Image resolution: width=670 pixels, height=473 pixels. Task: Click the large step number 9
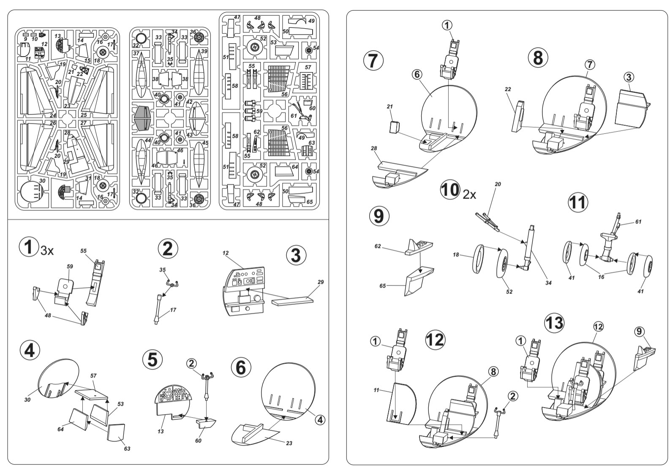[379, 216]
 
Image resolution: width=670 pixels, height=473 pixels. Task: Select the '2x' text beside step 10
[469, 195]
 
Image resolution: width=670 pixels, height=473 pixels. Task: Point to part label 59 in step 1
[70, 266]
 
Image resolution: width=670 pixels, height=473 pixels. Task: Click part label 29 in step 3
[321, 282]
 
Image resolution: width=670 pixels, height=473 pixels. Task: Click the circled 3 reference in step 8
[629, 77]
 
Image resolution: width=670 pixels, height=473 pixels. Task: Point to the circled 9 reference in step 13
[639, 331]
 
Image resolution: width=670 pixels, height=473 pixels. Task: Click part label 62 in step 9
[378, 247]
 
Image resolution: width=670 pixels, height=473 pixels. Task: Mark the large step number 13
[554, 323]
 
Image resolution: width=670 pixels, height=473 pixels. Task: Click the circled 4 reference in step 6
[320, 420]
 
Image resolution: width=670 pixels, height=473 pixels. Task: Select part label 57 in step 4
[93, 375]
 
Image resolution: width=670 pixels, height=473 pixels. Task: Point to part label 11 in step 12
[376, 390]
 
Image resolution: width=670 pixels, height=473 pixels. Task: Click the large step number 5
[152, 360]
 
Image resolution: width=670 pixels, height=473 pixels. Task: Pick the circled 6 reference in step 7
[417, 74]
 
